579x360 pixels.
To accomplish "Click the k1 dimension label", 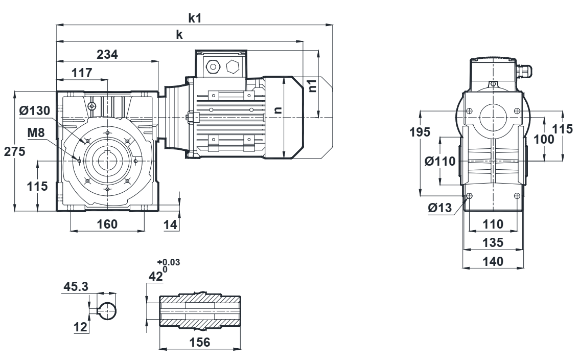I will (x=195, y=18).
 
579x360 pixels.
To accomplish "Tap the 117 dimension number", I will (x=82, y=73).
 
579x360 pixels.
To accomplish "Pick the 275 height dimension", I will (x=14, y=152).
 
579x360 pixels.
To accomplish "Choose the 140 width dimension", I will (x=494, y=261).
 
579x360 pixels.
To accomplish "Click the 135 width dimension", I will (x=494, y=242).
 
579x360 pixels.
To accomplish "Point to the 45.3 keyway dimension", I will (x=76, y=287).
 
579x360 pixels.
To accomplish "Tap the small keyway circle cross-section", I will (x=107, y=309).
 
